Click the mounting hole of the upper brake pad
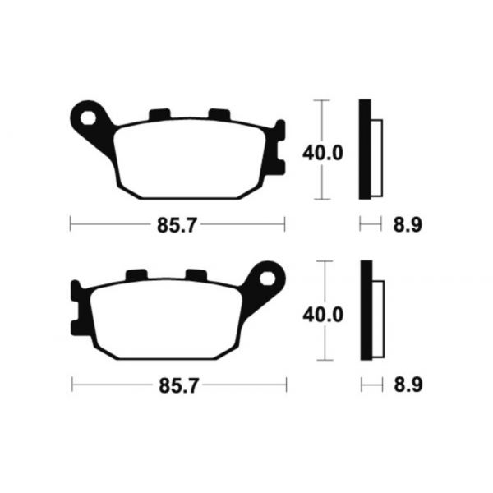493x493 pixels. tap(88, 118)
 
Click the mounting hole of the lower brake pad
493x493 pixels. tap(267, 279)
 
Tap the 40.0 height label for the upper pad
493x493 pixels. tap(323, 154)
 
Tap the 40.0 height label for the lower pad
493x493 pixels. tap(323, 315)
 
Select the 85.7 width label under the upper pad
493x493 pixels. tap(177, 225)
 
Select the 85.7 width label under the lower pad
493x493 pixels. tap(179, 386)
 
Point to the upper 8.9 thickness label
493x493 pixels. tap(408, 224)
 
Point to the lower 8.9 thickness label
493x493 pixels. tap(408, 385)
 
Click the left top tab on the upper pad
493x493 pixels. tap(159, 114)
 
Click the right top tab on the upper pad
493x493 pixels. tap(219, 114)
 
